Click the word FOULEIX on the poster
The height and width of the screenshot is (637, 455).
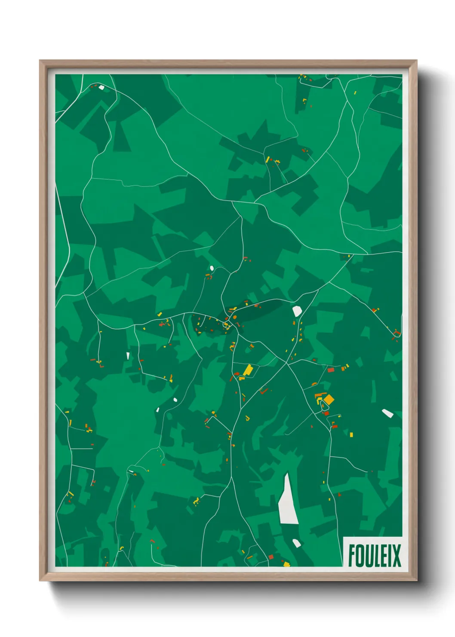tap(374, 556)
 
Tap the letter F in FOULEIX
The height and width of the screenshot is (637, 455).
tap(351, 556)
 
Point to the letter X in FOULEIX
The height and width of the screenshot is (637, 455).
tap(396, 556)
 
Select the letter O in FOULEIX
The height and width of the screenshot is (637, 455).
tap(359, 556)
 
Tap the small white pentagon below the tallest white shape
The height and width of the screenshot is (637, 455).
tap(297, 543)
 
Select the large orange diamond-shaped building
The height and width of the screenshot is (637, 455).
tap(329, 400)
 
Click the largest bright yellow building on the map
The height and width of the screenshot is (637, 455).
tap(248, 370)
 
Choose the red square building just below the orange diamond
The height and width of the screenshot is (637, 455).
tap(326, 413)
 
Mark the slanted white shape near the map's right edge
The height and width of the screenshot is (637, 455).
tap(387, 413)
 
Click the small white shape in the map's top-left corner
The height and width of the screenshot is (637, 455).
tap(101, 87)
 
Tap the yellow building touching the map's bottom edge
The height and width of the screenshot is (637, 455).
tap(286, 564)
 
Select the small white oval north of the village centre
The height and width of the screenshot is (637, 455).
tap(212, 269)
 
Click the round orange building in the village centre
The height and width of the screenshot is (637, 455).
tap(235, 318)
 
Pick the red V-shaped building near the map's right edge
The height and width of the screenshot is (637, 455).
tap(397, 332)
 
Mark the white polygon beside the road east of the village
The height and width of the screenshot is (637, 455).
tap(297, 311)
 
